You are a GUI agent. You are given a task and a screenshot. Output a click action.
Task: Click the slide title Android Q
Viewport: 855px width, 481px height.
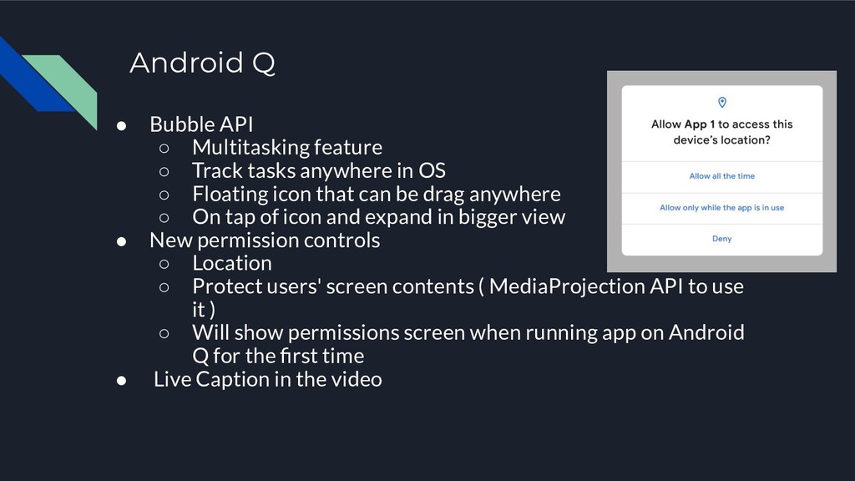point(202,62)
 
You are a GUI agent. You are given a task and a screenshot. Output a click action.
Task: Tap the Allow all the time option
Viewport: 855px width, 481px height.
point(722,176)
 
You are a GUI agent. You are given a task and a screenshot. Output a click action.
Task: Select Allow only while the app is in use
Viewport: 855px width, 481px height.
point(722,208)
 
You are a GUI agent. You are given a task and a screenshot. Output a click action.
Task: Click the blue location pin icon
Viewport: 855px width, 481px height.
point(722,102)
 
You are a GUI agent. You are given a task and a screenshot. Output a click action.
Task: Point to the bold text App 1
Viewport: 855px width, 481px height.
point(699,124)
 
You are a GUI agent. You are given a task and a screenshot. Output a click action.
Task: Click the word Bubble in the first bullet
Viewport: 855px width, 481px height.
point(181,124)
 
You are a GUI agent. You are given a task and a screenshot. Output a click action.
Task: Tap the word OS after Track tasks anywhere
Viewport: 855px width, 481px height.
point(432,170)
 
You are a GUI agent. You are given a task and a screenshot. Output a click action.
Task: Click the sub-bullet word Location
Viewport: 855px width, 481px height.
point(232,263)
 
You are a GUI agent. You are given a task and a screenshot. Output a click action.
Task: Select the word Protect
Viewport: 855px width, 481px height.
point(225,287)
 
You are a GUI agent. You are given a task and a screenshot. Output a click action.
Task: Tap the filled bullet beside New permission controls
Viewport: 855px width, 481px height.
point(122,241)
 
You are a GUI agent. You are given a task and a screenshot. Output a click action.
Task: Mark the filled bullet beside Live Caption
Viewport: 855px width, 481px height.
point(122,380)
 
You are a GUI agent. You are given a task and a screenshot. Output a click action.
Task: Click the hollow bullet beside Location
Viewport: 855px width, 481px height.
point(164,264)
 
